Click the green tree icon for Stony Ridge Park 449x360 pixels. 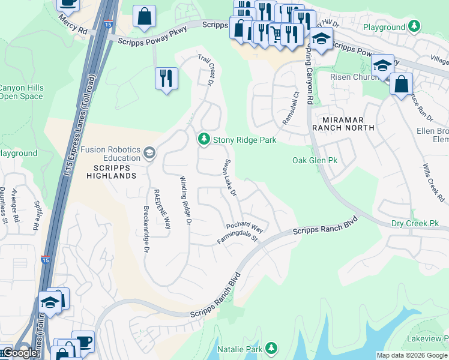point(204,139)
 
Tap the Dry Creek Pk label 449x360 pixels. point(415,223)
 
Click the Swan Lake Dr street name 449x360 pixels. point(230,178)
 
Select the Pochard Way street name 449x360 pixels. point(244,228)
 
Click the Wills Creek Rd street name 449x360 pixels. point(432,182)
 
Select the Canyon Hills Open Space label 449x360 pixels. point(22,92)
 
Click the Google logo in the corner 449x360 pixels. point(20,353)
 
